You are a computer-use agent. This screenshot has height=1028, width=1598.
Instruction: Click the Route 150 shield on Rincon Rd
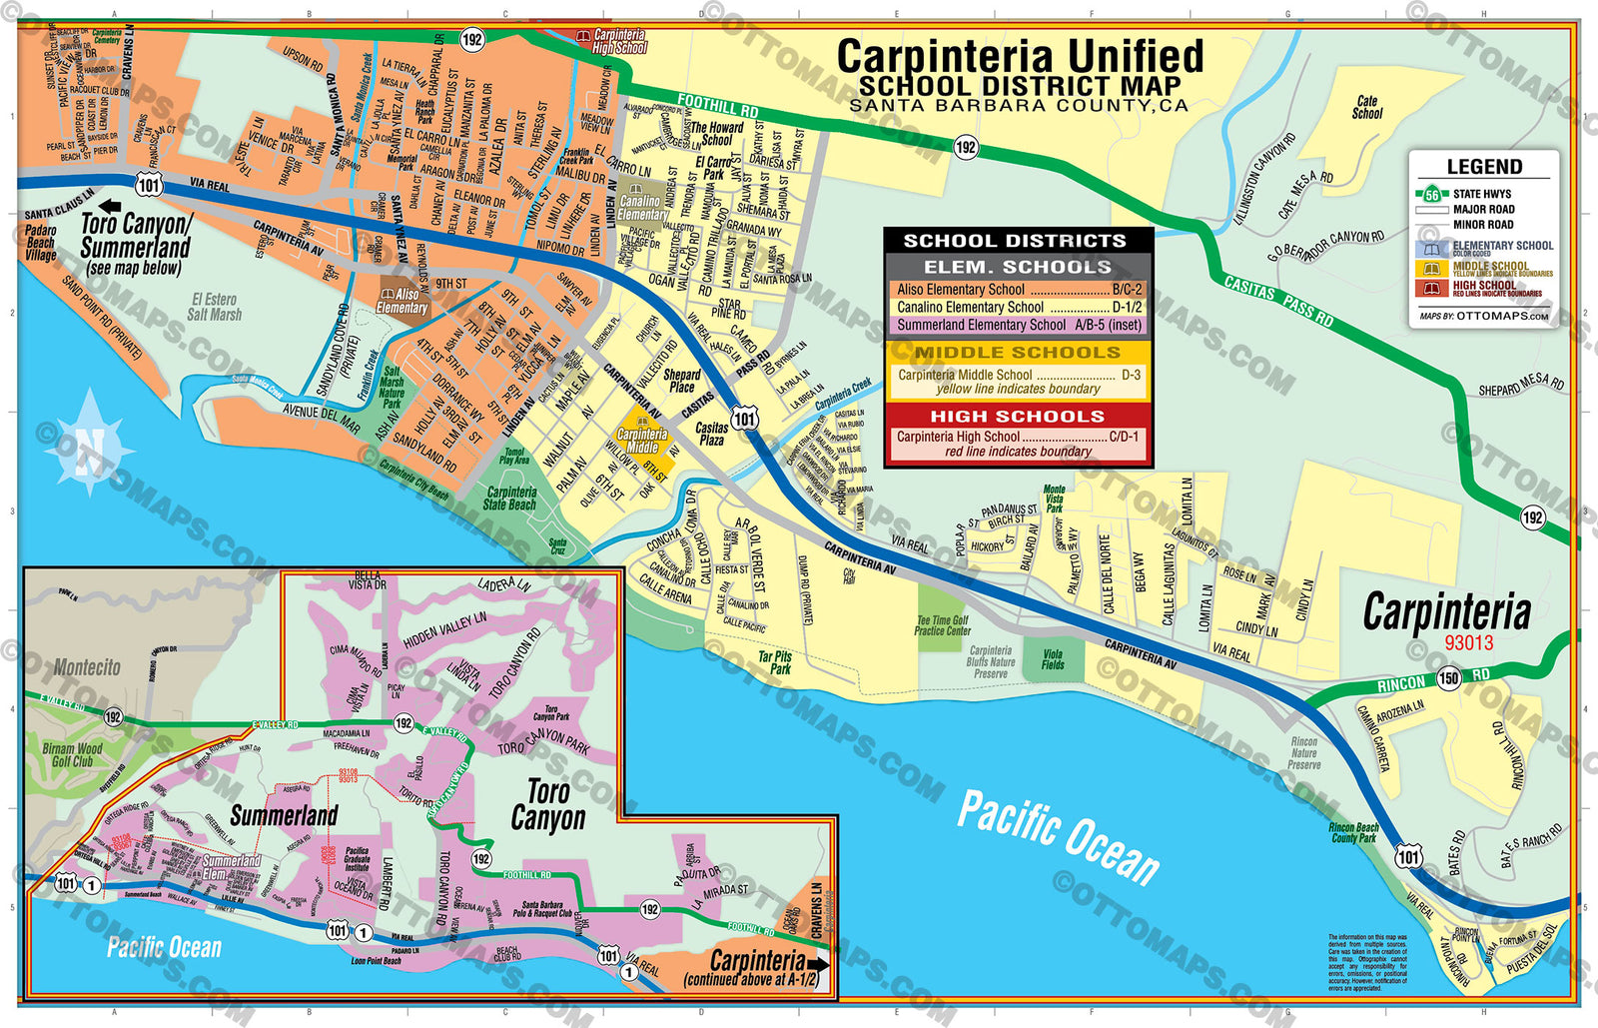pyautogui.click(x=1449, y=678)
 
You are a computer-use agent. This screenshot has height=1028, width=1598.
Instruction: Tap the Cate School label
pyautogui.click(x=1367, y=108)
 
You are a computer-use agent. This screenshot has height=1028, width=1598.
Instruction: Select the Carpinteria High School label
pyautogui.click(x=618, y=41)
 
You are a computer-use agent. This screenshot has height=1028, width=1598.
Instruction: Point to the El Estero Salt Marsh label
pyautogui.click(x=215, y=307)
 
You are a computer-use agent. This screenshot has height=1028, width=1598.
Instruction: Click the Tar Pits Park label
pyautogui.click(x=775, y=662)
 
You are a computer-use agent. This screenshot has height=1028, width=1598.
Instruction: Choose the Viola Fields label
pyautogui.click(x=1053, y=659)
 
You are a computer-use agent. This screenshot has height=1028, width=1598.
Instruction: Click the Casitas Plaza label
pyautogui.click(x=712, y=434)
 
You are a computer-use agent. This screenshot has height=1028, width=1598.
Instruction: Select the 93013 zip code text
pyautogui.click(x=1468, y=643)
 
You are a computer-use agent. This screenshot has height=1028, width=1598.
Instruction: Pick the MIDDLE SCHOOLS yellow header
pyautogui.click(x=1018, y=353)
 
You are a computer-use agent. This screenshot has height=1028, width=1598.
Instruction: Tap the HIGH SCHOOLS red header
pyautogui.click(x=1018, y=417)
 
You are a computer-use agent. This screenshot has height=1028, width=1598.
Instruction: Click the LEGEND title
pyautogui.click(x=1484, y=167)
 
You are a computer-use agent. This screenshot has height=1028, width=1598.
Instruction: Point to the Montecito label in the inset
pyautogui.click(x=87, y=667)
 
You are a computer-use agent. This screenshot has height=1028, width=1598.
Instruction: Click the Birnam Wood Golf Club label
pyautogui.click(x=72, y=754)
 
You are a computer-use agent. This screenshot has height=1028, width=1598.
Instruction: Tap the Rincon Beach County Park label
pyautogui.click(x=1353, y=832)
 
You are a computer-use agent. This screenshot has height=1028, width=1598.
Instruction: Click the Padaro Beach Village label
pyautogui.click(x=41, y=243)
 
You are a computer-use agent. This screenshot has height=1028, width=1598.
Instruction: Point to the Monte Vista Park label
pyautogui.click(x=1055, y=499)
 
